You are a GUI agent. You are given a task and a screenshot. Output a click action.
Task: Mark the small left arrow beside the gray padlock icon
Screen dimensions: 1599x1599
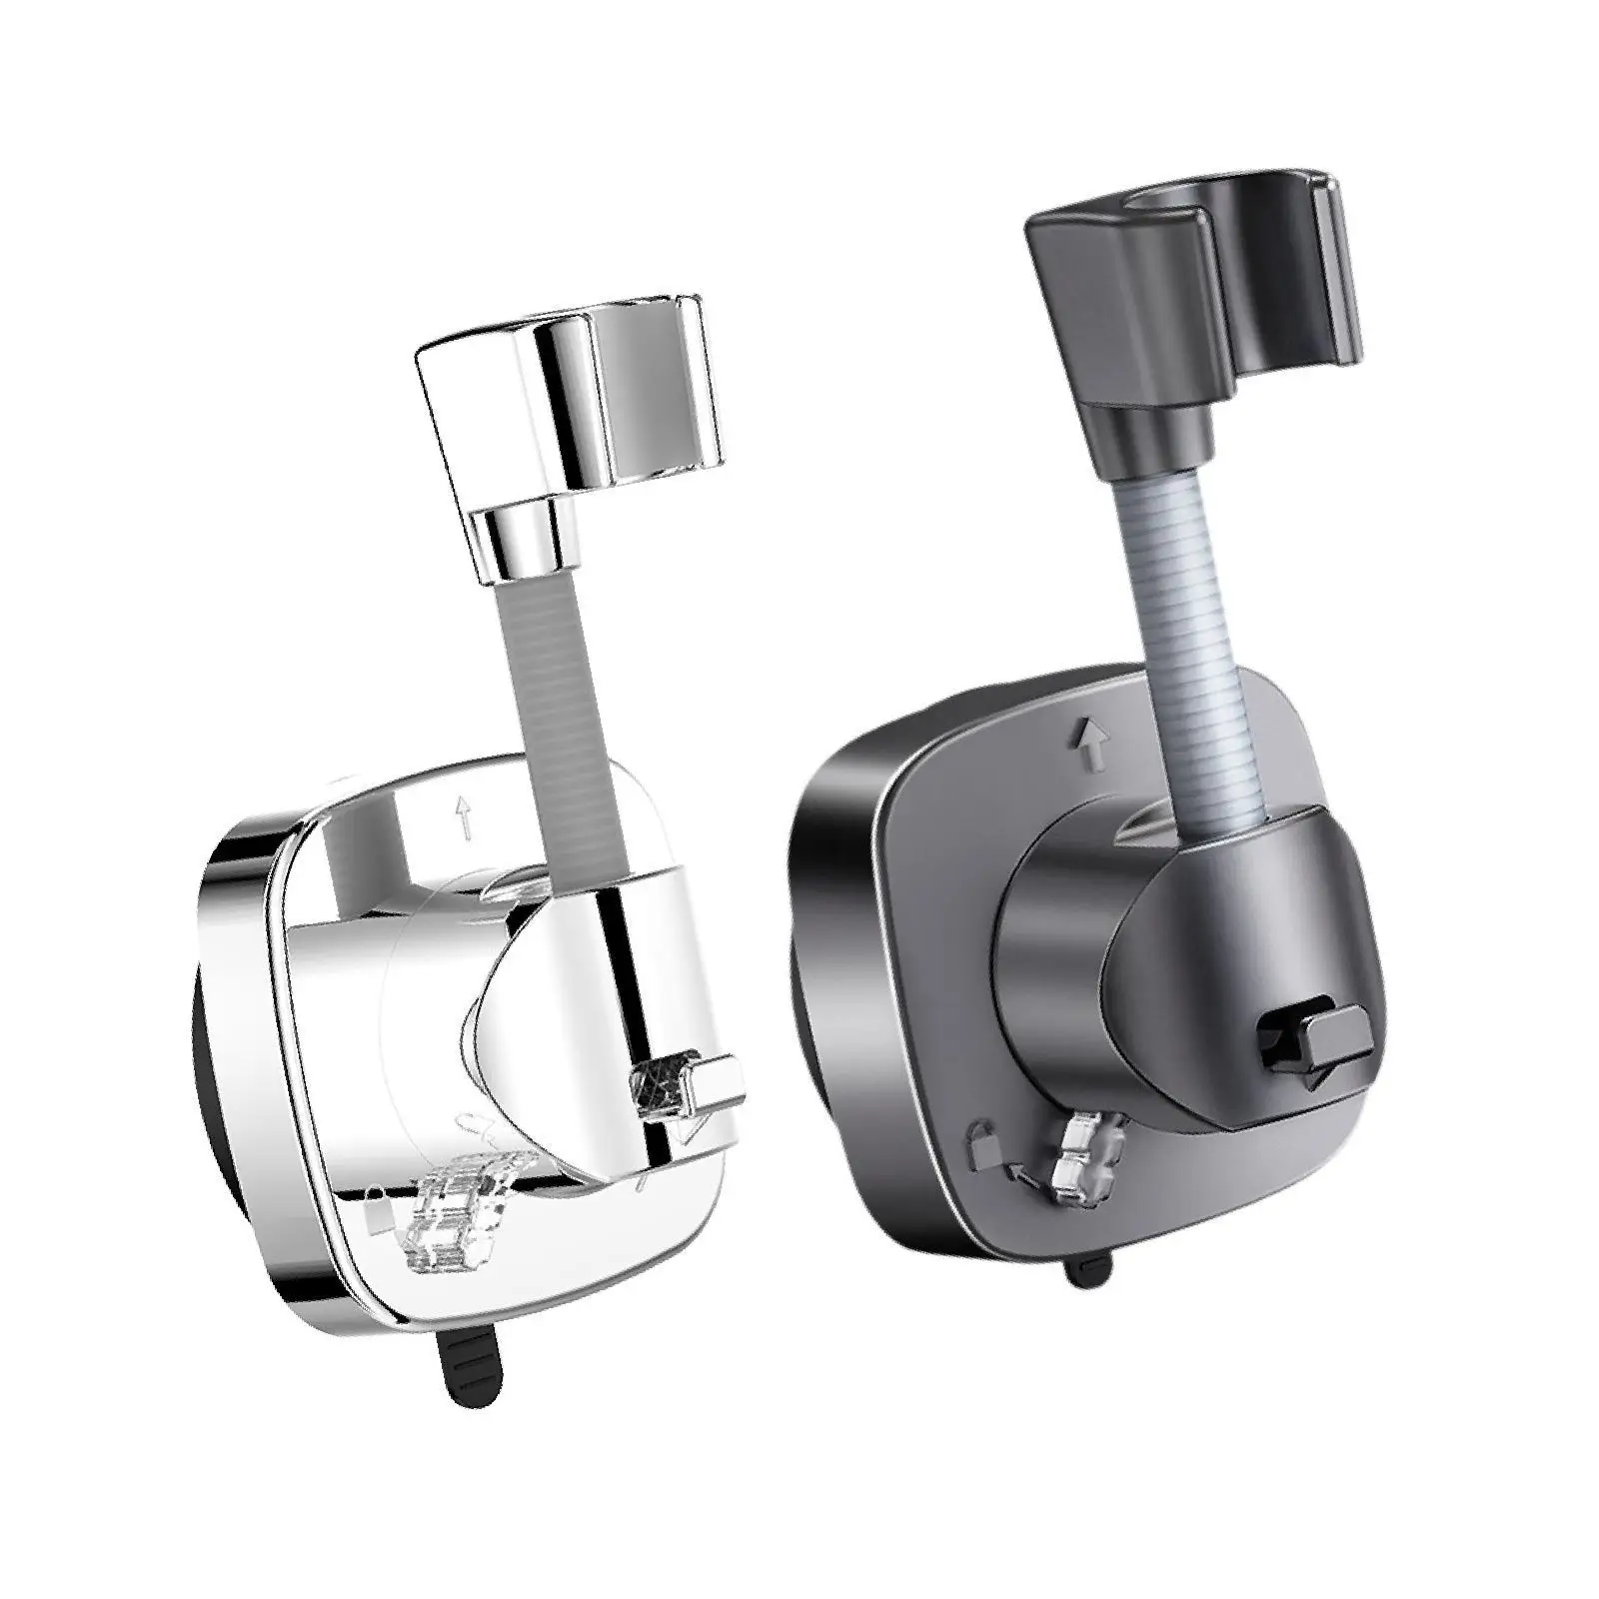(x=1020, y=1165)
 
